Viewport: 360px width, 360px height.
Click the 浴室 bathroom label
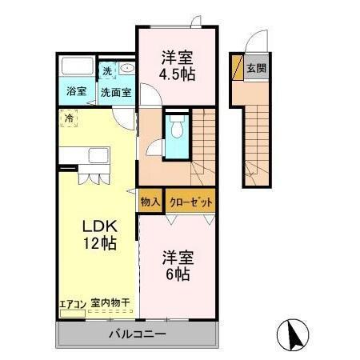(76, 91)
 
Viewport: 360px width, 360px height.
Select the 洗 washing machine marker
(107, 71)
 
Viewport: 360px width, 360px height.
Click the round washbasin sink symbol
(126, 70)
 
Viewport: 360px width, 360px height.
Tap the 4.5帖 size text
(178, 74)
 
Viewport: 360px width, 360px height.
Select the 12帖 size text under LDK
(96, 243)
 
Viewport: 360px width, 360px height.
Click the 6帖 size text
(178, 274)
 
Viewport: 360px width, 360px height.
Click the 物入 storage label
(150, 202)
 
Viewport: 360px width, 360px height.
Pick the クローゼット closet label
(190, 202)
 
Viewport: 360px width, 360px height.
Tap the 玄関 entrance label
(256, 68)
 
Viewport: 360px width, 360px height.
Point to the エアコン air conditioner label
(72, 303)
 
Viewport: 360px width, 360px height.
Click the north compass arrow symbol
(294, 334)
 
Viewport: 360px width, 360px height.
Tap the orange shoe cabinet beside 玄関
(236, 68)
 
